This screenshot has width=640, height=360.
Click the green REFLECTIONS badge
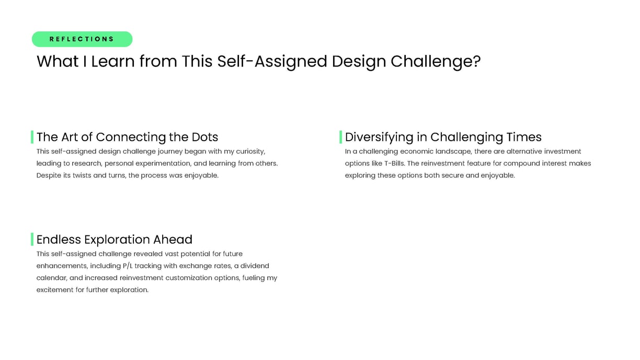pyautogui.click(x=82, y=39)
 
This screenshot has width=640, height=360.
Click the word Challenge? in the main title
pyautogui.click(x=436, y=62)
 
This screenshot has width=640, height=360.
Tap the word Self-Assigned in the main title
pyautogui.click(x=272, y=62)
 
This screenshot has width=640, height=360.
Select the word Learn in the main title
pyautogui.click(x=113, y=61)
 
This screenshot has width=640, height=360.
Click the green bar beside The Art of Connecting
pyautogui.click(x=32, y=137)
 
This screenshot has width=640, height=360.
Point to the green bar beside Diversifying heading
pyautogui.click(x=340, y=137)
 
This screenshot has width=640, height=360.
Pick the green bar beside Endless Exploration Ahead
pyautogui.click(x=32, y=239)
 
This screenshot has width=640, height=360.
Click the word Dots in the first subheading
pyautogui.click(x=205, y=137)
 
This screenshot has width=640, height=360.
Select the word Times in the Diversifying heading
pyautogui.click(x=524, y=137)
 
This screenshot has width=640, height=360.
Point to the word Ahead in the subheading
pyautogui.click(x=173, y=240)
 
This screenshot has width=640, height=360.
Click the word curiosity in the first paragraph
pyautogui.click(x=250, y=152)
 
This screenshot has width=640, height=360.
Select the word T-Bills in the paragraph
pyautogui.click(x=395, y=164)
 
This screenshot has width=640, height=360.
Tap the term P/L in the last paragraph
pyautogui.click(x=128, y=266)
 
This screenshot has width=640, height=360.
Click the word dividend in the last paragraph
pyautogui.click(x=255, y=266)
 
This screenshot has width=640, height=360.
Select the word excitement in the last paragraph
pyautogui.click(x=55, y=290)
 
